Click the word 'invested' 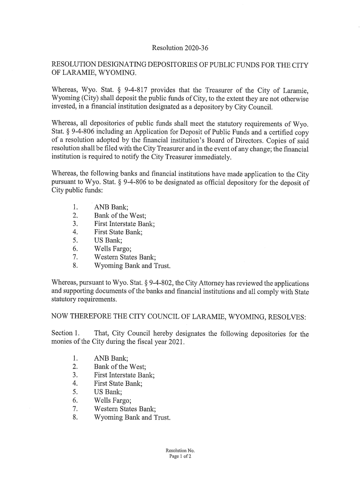(x=64, y=107)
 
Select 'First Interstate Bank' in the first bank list (x=124, y=224)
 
